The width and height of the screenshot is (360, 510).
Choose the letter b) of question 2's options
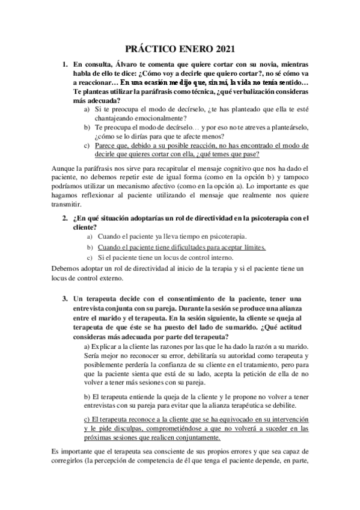coord(87,247)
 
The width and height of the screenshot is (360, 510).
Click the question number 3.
coord(66,300)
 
